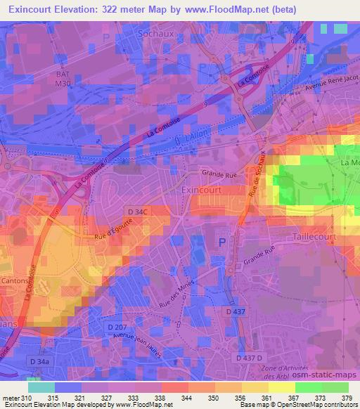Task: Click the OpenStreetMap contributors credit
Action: click(311, 405)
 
